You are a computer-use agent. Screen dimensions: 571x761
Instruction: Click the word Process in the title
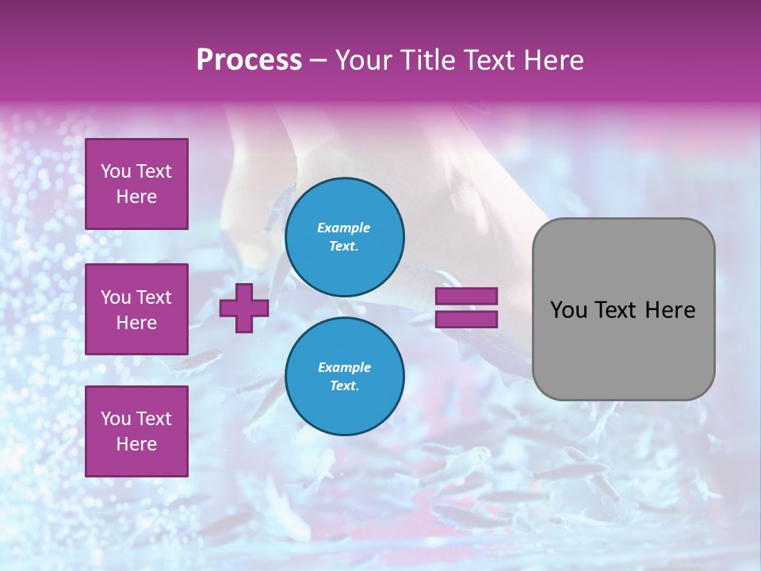point(249,60)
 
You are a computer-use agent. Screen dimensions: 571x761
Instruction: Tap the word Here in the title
point(553,60)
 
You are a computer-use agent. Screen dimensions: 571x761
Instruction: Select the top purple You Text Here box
point(136,184)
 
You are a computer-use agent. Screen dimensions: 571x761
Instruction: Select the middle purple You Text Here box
point(136,309)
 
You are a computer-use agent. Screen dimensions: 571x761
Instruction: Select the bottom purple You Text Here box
point(136,431)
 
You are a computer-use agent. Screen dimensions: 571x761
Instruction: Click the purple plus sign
point(244,308)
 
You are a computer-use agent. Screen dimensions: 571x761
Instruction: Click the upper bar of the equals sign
point(466,296)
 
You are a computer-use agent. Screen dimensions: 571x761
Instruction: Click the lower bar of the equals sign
point(466,320)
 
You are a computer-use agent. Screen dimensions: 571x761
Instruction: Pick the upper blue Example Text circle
point(344,237)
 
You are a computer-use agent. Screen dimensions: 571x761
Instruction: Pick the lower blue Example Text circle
point(344,377)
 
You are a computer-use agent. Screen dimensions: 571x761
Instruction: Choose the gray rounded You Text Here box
point(623,309)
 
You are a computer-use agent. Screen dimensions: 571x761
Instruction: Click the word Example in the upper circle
point(344,228)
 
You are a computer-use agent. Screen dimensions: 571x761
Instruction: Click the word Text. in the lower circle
point(344,386)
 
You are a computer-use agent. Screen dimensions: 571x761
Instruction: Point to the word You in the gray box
point(568,310)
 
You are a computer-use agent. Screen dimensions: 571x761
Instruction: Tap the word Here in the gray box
point(670,310)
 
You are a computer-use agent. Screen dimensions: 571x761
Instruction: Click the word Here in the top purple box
point(136,197)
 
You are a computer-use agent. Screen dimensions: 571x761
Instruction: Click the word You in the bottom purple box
point(116,419)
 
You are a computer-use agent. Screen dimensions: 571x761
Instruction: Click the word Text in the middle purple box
point(153,297)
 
